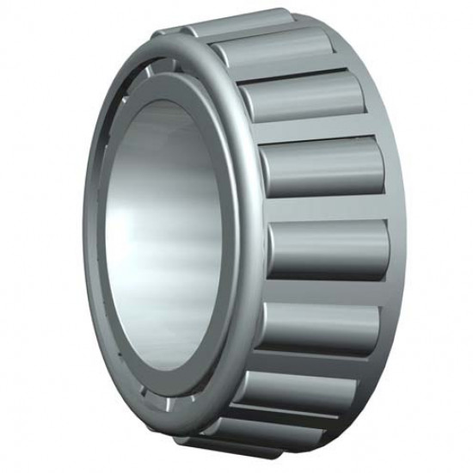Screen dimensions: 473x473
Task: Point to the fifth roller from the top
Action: tap(327, 249)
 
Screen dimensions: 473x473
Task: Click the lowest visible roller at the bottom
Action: tap(258, 434)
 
